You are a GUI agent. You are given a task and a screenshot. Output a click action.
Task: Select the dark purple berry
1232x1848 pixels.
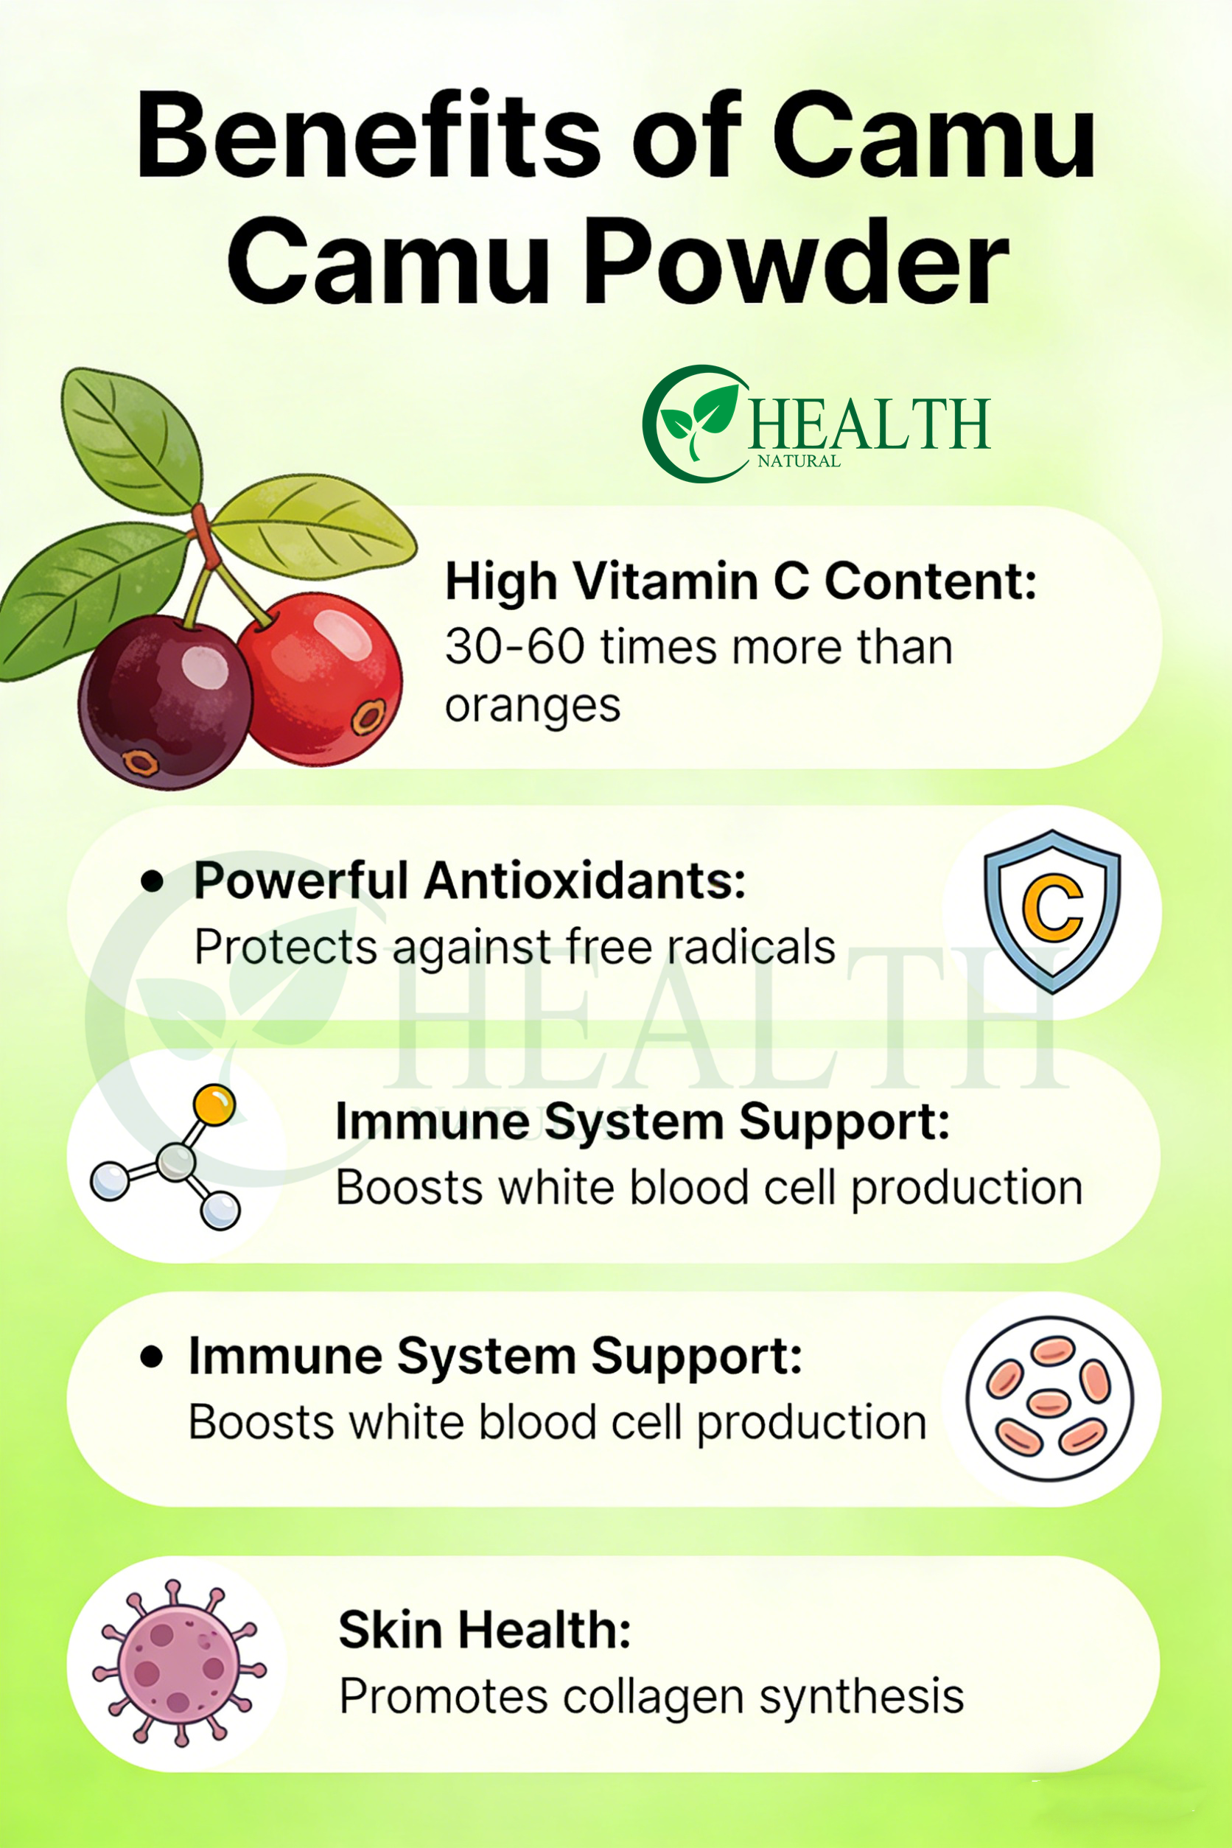pyautogui.click(x=165, y=701)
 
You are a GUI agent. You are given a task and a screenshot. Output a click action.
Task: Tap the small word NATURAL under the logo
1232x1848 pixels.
pyautogui.click(x=799, y=461)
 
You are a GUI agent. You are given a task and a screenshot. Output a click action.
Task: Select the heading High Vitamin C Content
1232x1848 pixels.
pyautogui.click(x=741, y=581)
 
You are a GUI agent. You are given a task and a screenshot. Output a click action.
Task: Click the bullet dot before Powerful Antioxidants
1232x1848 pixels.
pyautogui.click(x=152, y=881)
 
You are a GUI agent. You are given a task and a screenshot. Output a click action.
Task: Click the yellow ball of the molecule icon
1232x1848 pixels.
pyautogui.click(x=214, y=1105)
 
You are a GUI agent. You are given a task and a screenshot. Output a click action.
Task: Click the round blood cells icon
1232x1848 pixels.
pyautogui.click(x=1050, y=1399)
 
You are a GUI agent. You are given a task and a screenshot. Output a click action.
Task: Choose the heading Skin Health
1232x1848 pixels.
pyautogui.click(x=485, y=1630)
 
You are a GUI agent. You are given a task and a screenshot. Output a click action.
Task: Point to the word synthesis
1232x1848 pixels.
pyautogui.click(x=861, y=1698)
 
